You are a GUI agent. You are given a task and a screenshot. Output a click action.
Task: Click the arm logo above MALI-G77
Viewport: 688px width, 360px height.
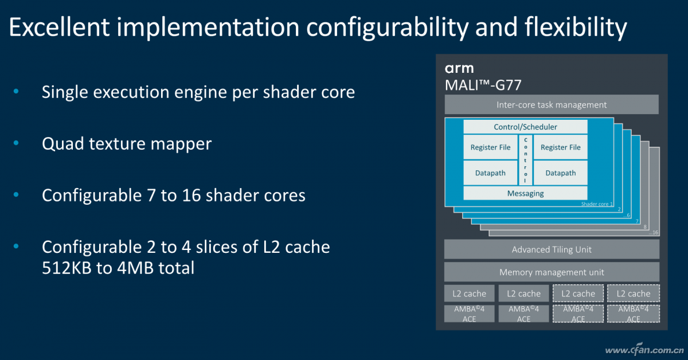coord(459,69)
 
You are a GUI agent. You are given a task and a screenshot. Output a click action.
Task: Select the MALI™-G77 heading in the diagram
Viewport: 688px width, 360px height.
coord(483,85)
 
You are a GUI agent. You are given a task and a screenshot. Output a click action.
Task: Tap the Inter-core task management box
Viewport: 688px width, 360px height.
coord(551,105)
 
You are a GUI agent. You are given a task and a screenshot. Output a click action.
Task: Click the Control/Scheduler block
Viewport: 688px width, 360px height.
coord(525,127)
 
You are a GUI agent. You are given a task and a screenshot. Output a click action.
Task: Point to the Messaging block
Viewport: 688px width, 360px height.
coord(525,194)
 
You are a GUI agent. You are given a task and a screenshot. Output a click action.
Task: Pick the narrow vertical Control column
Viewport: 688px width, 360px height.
coord(525,160)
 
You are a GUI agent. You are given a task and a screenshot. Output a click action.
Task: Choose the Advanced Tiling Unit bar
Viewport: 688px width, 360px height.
coord(551,249)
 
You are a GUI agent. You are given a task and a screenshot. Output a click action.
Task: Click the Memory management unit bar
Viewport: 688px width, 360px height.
coord(551,272)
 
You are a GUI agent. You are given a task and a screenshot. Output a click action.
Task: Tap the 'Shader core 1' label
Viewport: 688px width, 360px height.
coord(597,204)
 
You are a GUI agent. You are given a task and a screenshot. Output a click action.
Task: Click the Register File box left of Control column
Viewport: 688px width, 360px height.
coord(490,147)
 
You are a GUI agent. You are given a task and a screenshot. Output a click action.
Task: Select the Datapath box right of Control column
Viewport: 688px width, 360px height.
coord(560,173)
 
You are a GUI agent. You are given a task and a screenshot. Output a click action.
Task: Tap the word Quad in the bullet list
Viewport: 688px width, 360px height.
coord(62,143)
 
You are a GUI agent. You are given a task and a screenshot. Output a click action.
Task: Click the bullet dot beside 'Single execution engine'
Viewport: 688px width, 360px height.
coord(16,92)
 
